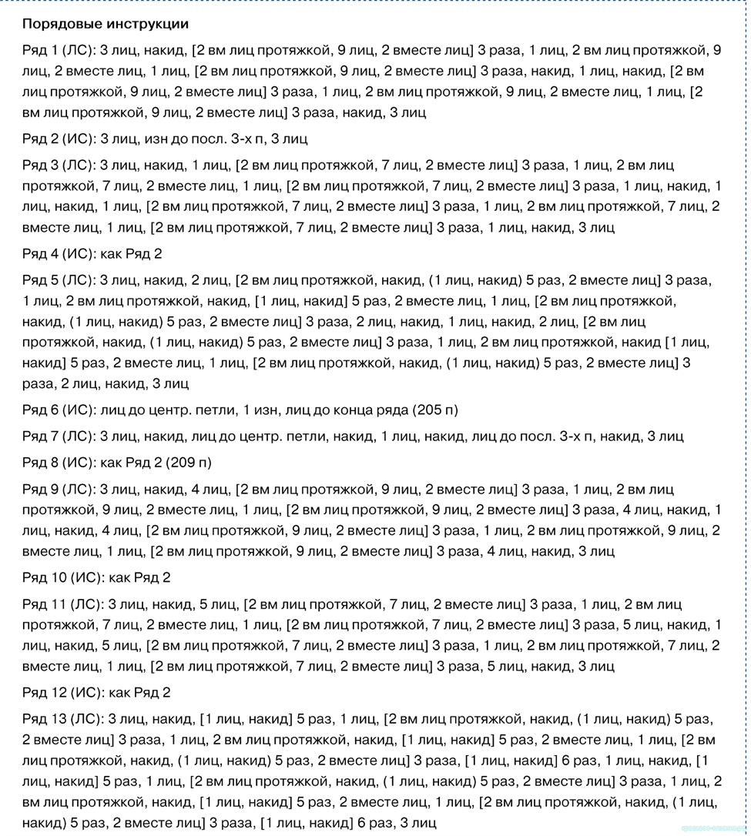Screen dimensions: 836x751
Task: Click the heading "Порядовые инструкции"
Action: [x=106, y=25]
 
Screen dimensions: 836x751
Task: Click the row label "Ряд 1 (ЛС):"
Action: [x=59, y=51]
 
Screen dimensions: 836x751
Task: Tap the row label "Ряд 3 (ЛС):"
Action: [x=59, y=166]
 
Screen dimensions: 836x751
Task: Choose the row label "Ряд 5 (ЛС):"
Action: [x=59, y=280]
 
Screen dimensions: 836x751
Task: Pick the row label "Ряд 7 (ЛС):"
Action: [x=59, y=436]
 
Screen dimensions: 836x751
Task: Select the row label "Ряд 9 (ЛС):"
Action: [x=59, y=489]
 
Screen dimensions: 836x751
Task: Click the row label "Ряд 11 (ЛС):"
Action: [x=63, y=604]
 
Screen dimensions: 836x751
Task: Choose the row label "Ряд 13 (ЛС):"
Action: [x=63, y=720]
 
